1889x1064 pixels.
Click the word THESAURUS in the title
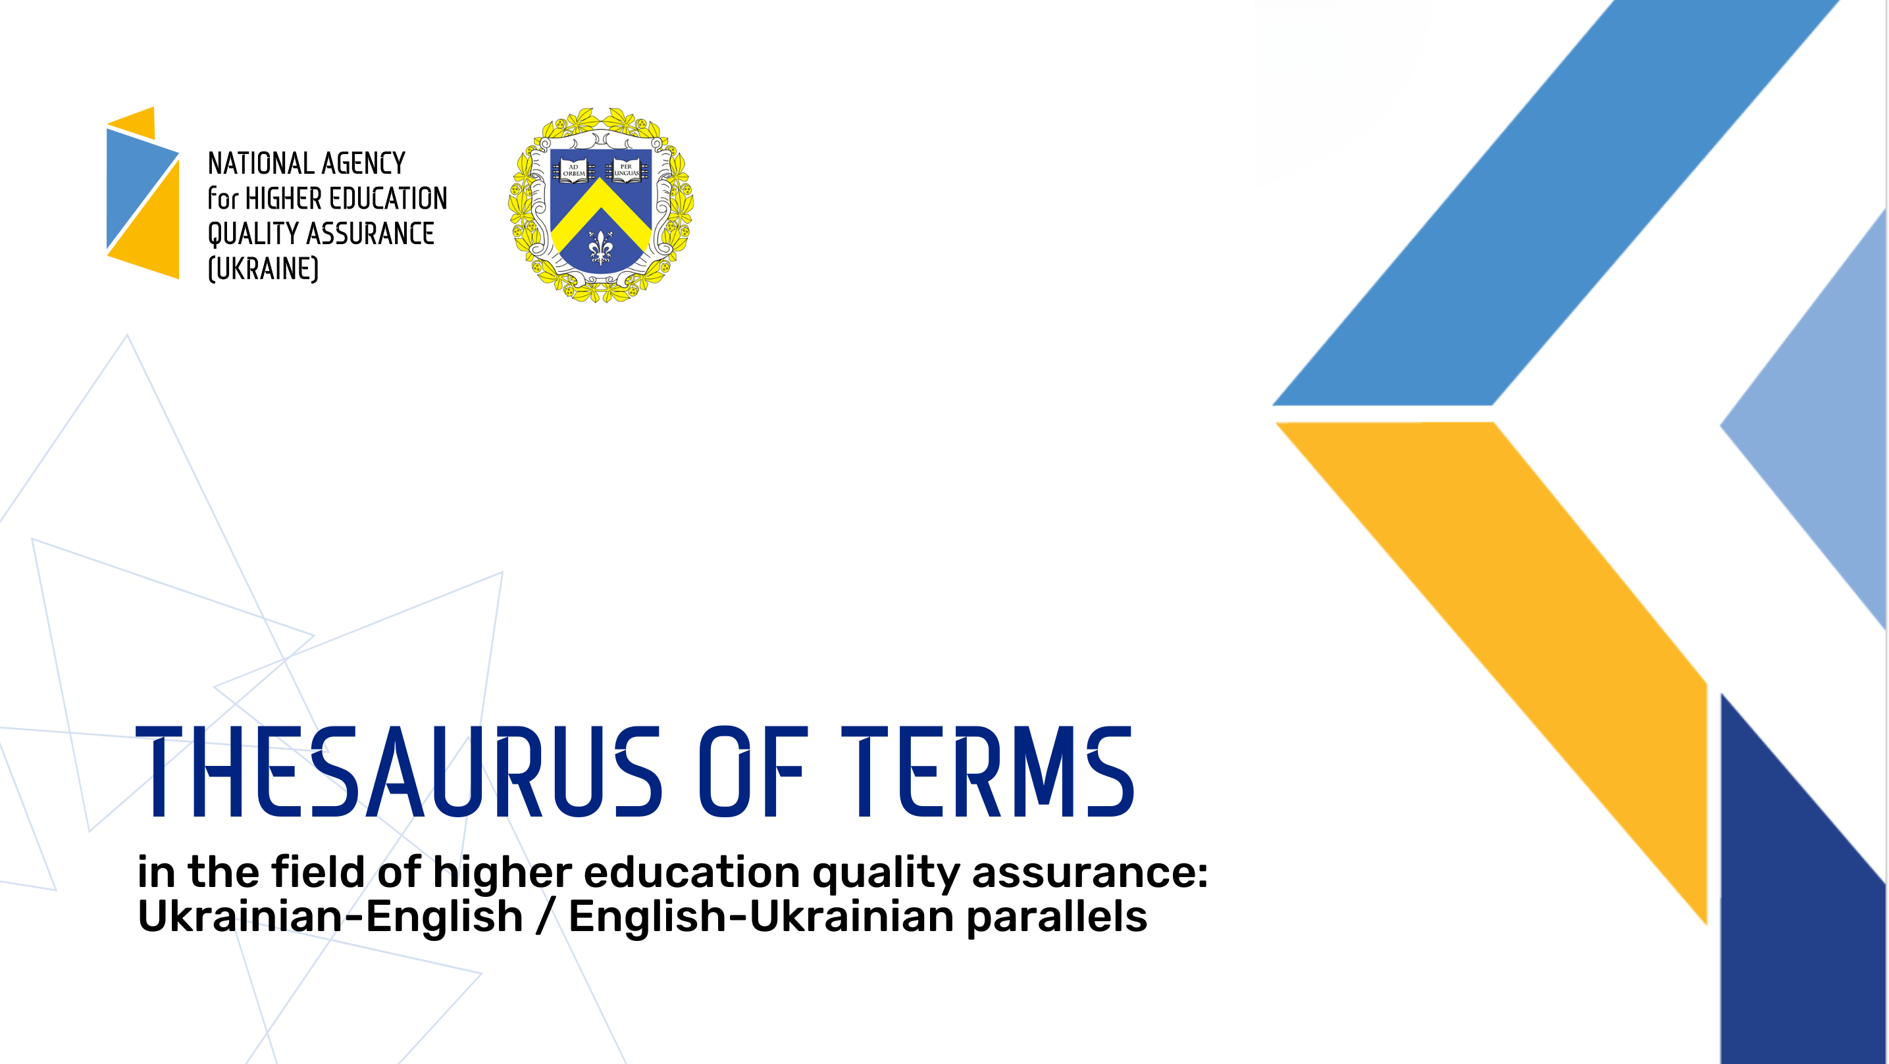click(399, 771)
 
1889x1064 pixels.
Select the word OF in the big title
click(753, 771)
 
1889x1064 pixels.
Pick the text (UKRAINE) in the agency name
click(263, 268)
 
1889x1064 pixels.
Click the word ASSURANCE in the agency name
click(371, 233)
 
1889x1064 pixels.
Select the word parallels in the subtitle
click(1056, 917)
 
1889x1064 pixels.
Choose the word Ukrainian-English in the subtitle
click(330, 917)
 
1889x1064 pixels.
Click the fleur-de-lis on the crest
click(600, 247)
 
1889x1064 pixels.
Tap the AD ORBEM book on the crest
click(573, 170)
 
